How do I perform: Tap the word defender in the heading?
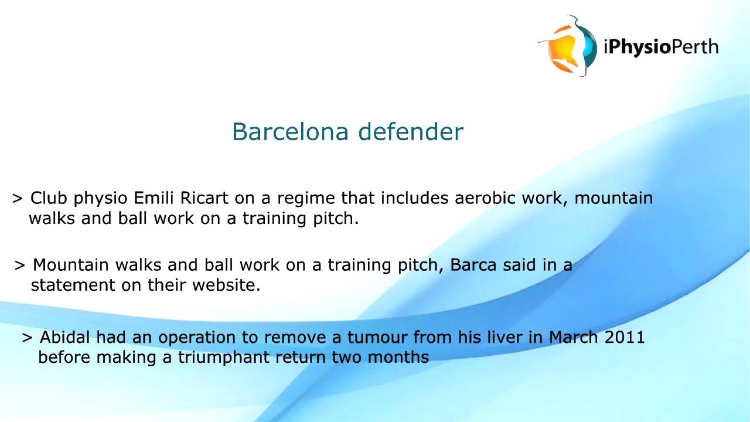coord(411,132)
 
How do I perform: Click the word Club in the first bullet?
coord(49,198)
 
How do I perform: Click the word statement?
coord(73,285)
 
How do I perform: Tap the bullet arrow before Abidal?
coord(27,338)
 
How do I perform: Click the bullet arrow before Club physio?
coord(18,199)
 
